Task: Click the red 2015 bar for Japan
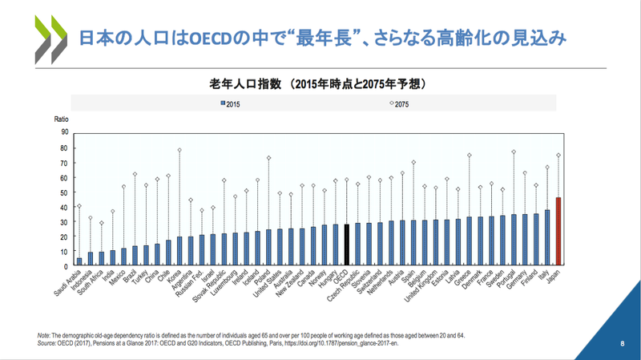point(558,231)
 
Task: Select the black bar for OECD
point(346,245)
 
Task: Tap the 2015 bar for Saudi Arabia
point(79,261)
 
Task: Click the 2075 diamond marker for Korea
point(179,150)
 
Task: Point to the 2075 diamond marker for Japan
point(558,156)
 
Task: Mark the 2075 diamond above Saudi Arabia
point(79,206)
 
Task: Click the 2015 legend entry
point(231,104)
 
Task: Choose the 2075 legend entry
point(402,104)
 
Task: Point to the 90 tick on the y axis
point(63,132)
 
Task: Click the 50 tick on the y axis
point(63,192)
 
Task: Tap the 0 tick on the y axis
point(65,266)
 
